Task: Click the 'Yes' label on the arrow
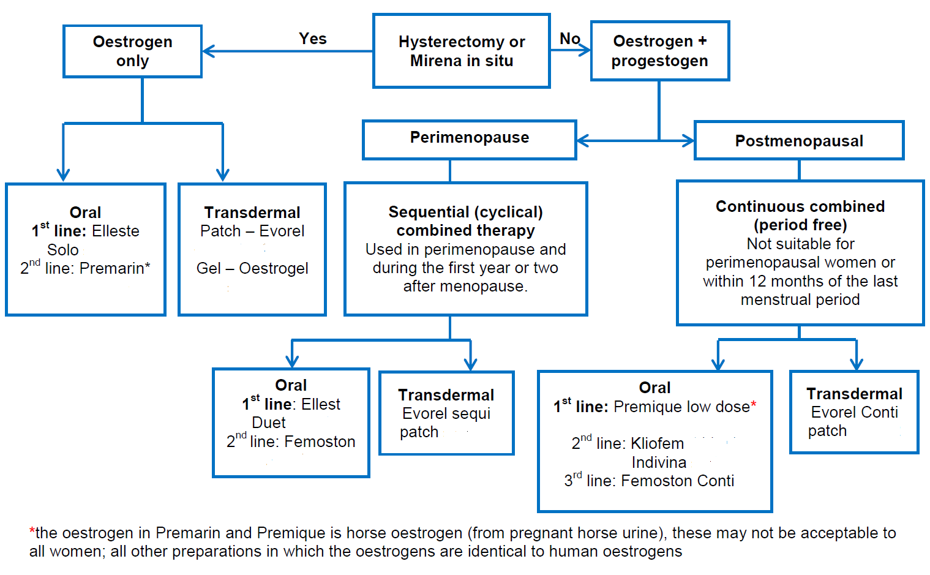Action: tap(313, 39)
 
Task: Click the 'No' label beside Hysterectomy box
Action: tap(569, 39)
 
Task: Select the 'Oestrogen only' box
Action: tap(132, 51)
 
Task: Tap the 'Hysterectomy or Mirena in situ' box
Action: tap(462, 51)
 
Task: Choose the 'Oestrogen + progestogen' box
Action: tap(659, 51)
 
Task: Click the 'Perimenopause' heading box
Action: tap(469, 138)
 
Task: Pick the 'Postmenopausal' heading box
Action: tap(798, 141)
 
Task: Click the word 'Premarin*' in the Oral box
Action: tap(114, 268)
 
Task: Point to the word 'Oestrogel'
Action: tap(274, 268)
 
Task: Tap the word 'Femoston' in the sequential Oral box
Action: tap(320, 442)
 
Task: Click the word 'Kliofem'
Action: tap(657, 443)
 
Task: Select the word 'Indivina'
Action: tap(659, 462)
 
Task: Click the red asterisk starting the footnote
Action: tap(32, 531)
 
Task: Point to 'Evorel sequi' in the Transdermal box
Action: tap(446, 413)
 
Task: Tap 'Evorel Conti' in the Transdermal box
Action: tap(854, 412)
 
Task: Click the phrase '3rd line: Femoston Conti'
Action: tap(649, 481)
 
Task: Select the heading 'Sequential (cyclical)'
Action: tap(465, 212)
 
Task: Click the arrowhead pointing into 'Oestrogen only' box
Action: tap(208, 51)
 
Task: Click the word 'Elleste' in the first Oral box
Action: tap(116, 231)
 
